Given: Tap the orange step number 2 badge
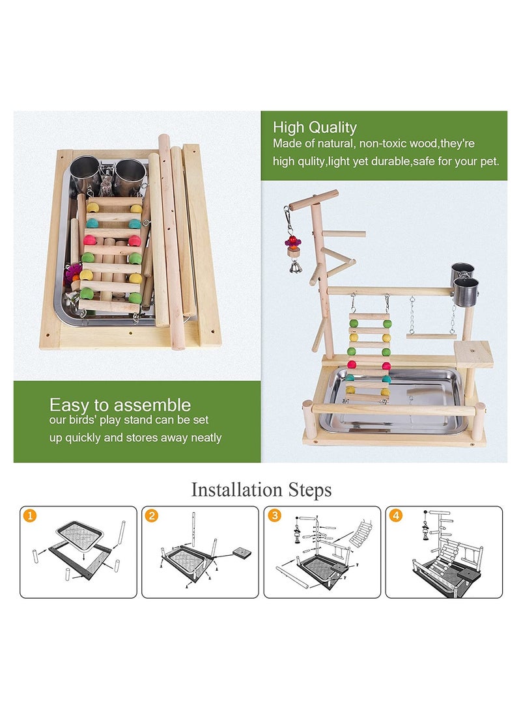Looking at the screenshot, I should [152, 517].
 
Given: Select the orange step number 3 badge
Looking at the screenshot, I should [274, 517].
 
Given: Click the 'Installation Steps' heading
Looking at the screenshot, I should [260, 489].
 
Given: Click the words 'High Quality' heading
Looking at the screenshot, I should [315, 128].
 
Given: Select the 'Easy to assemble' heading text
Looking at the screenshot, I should [120, 405].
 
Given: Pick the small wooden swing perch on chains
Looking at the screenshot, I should [431, 336].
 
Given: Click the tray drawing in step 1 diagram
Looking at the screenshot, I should [81, 536].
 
